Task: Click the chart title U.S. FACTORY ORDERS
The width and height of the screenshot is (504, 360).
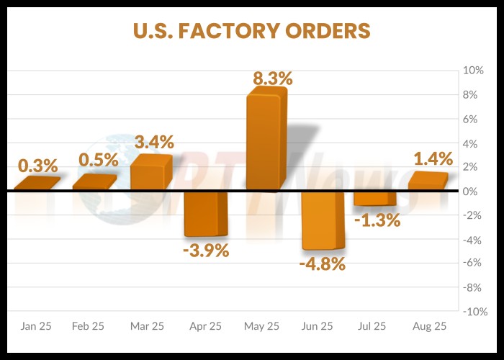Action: coord(251,31)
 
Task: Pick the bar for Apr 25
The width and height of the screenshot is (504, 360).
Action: coord(205,214)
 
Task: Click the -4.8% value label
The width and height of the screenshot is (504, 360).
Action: coord(323,264)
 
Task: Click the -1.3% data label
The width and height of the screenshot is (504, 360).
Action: coord(377,220)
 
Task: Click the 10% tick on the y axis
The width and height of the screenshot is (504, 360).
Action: coord(473,71)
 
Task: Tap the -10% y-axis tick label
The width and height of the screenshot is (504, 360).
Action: coord(472,312)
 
